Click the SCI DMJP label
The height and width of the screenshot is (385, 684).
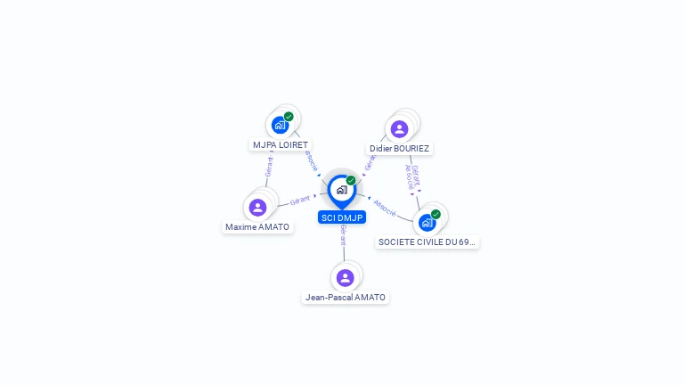[x=342, y=217]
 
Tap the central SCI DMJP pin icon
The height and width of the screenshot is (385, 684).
[x=341, y=190]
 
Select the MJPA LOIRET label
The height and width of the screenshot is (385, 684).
[x=280, y=144]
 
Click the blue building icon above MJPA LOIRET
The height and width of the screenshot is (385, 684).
[x=280, y=125]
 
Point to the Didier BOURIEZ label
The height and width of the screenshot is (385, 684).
[x=399, y=148]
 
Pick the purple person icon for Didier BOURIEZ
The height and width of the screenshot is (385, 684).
[x=399, y=128]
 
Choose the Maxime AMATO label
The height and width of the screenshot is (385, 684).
[x=257, y=227]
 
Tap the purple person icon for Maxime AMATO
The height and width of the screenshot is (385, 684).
[x=257, y=208]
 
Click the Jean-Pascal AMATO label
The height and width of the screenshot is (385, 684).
[x=346, y=297]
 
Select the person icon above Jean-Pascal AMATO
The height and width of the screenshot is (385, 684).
[x=346, y=277]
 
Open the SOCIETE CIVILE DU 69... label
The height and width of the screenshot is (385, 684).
[x=427, y=242]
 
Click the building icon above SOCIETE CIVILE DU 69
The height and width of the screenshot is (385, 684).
[x=427, y=223]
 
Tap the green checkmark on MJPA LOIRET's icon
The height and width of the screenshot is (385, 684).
[x=289, y=117]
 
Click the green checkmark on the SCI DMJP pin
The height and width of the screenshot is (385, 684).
[x=351, y=181]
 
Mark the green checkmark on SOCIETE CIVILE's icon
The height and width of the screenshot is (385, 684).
[x=436, y=214]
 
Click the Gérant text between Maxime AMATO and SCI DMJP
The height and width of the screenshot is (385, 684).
[x=300, y=201]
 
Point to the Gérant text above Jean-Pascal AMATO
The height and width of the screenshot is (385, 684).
[x=343, y=236]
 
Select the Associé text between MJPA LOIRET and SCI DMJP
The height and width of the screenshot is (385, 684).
[x=311, y=160]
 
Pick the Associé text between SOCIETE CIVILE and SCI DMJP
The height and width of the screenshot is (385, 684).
[x=385, y=207]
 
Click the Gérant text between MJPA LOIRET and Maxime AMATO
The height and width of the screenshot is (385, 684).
[x=269, y=167]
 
